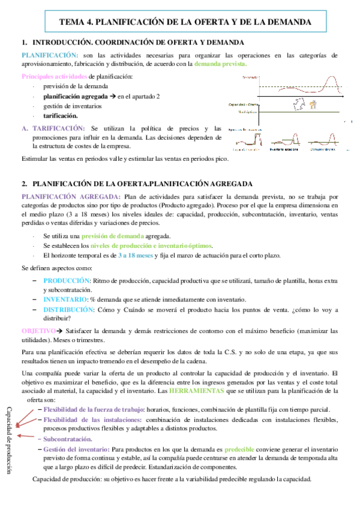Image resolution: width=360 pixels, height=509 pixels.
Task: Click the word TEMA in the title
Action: pyautogui.click(x=72, y=22)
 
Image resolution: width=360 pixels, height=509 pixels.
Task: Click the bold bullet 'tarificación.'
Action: pyautogui.click(x=61, y=115)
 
